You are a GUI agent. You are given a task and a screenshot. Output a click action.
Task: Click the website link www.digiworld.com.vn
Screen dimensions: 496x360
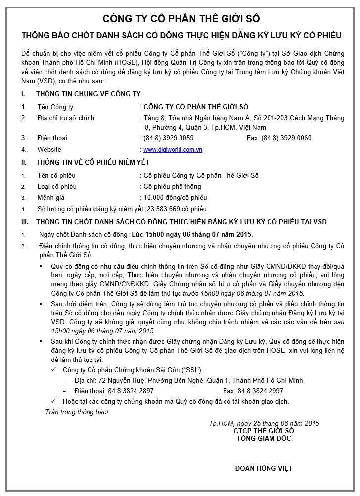coord(173,150)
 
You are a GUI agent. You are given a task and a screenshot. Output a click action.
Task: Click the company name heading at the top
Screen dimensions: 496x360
coord(181,19)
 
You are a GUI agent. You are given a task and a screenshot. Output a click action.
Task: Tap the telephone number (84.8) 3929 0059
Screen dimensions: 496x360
coord(169,138)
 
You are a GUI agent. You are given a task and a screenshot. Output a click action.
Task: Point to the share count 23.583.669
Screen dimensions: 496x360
coord(163,209)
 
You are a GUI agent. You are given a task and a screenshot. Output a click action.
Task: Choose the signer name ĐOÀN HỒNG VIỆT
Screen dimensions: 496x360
coord(264,468)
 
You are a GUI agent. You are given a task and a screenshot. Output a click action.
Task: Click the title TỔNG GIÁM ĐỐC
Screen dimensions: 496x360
coord(264,438)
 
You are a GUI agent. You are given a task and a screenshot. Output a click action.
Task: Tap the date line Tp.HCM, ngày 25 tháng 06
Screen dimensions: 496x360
coord(264,423)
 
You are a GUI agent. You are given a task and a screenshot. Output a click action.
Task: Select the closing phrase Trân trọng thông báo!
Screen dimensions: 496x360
coord(77,412)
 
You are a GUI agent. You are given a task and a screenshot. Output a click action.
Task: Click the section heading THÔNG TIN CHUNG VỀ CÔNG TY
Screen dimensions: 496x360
coord(88,94)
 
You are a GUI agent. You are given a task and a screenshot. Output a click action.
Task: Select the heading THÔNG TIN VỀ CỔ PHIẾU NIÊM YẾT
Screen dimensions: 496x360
coord(92,162)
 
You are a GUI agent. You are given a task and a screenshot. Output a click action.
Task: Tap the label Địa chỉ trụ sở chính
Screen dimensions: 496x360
coord(66,118)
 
